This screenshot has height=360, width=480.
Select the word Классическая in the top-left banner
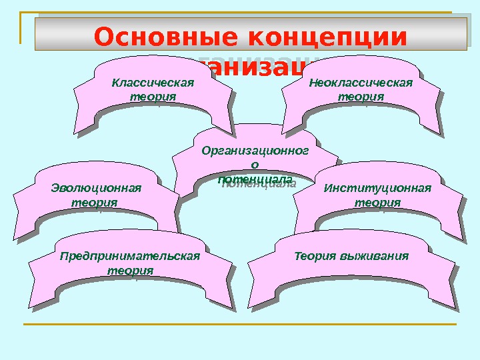click(153, 83)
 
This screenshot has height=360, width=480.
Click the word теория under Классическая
click(153, 96)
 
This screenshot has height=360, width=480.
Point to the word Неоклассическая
click(361, 83)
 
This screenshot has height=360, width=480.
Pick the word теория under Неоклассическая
click(361, 96)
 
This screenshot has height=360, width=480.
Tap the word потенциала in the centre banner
click(255, 180)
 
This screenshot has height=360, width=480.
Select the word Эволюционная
click(96, 188)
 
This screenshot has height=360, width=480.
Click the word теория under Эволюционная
click(94, 201)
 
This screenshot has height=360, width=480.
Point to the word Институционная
click(377, 188)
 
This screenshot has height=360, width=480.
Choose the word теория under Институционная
click(377, 201)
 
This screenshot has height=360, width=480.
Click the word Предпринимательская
click(130, 256)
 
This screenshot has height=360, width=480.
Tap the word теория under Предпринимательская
click(130, 271)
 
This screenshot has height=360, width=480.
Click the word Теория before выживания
click(315, 256)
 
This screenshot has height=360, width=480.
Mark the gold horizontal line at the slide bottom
click(240, 325)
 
